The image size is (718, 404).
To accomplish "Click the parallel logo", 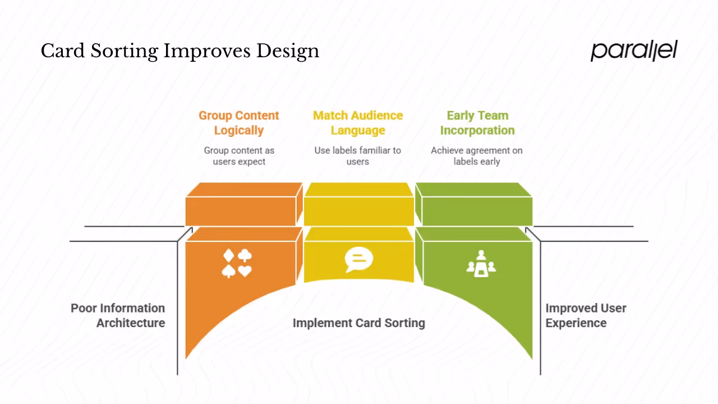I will [x=634, y=50].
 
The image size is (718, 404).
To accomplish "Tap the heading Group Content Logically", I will [x=238, y=123].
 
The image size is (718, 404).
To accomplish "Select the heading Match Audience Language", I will [x=358, y=123].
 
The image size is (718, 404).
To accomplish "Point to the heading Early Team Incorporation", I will [x=477, y=123].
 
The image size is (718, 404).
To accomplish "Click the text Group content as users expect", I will [x=239, y=156].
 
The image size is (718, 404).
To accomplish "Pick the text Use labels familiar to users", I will [x=358, y=156].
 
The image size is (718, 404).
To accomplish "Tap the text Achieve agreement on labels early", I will [x=477, y=156].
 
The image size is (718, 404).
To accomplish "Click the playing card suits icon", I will [x=237, y=263].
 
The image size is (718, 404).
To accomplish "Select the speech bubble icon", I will [x=358, y=260].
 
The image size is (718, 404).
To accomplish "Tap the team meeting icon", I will [x=481, y=264].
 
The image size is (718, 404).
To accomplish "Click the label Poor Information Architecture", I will [x=118, y=315].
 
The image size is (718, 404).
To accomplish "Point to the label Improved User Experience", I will [x=586, y=315].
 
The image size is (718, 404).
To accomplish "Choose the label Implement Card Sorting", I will [x=358, y=323].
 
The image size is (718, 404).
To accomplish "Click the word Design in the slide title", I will [x=288, y=52].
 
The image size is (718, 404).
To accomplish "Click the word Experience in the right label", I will [x=576, y=323].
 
